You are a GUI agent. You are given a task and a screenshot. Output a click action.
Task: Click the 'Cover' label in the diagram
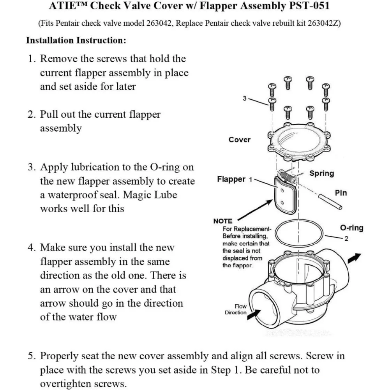239,140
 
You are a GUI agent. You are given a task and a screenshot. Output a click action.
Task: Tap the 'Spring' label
321,173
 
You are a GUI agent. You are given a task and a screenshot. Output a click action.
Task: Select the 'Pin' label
341,193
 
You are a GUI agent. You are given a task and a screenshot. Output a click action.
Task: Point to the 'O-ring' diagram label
351,228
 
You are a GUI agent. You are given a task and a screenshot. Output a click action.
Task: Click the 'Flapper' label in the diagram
231,180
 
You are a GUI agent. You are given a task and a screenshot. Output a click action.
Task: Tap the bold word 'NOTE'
223,221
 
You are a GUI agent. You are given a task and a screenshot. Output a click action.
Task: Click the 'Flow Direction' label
236,309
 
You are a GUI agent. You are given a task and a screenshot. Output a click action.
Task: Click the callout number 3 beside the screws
245,99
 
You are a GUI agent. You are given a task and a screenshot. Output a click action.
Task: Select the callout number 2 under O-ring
346,238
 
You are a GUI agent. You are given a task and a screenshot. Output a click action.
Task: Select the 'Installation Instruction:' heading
76,40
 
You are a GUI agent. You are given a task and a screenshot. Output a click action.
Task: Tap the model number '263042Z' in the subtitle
324,23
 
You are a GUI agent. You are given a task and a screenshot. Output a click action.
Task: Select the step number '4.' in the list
32,248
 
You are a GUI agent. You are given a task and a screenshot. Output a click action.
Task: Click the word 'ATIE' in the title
62,6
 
